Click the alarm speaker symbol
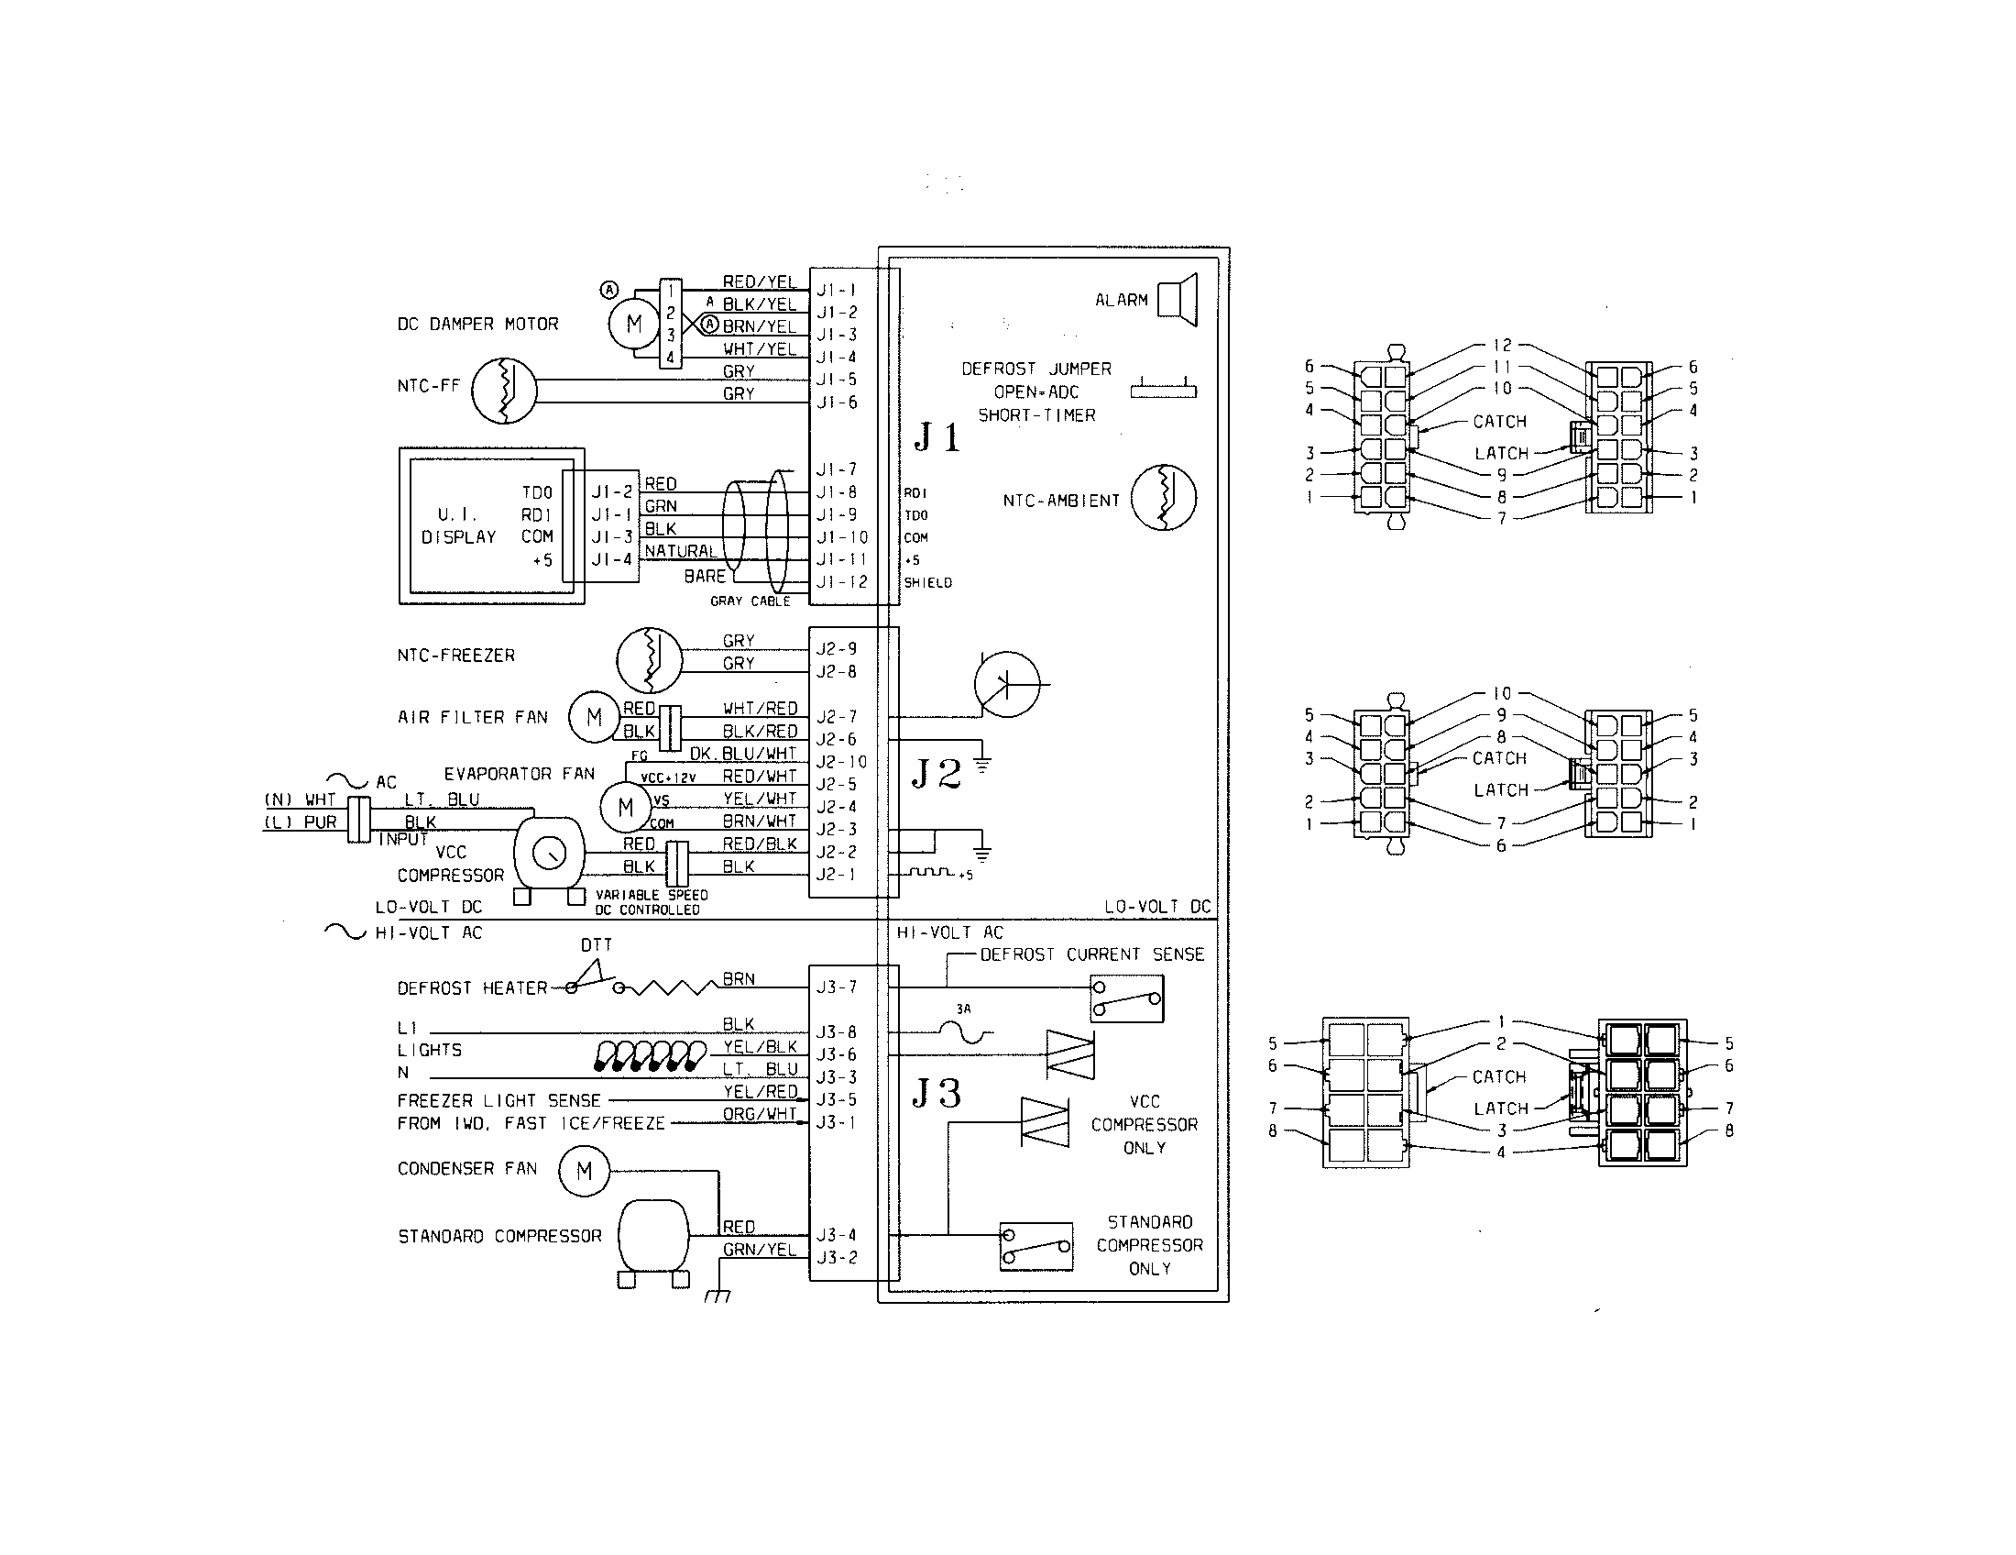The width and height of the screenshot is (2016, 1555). [x=1178, y=300]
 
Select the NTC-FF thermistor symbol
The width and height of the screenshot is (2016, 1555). [x=504, y=390]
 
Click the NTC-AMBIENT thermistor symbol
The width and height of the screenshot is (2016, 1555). [x=1164, y=498]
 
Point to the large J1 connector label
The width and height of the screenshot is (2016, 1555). [x=937, y=436]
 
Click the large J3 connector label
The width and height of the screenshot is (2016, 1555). [x=936, y=1093]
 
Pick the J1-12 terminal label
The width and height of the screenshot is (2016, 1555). [x=841, y=581]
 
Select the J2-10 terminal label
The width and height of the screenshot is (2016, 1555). [x=841, y=762]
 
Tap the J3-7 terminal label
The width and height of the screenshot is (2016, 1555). [x=837, y=987]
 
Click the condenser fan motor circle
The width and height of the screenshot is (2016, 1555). [x=585, y=1171]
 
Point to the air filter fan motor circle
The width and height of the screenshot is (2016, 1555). [x=594, y=718]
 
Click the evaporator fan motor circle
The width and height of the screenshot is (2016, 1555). [x=626, y=807]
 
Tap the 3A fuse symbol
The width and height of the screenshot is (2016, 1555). [x=964, y=1032]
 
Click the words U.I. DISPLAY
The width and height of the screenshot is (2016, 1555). [x=459, y=525]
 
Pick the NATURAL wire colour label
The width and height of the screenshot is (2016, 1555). [x=680, y=551]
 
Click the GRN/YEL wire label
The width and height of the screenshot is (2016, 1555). [x=759, y=1250]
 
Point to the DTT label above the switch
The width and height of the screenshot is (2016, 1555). [x=597, y=945]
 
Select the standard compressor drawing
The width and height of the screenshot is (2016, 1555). [x=652, y=1240]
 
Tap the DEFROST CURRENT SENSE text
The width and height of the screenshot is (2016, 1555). [x=1091, y=954]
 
